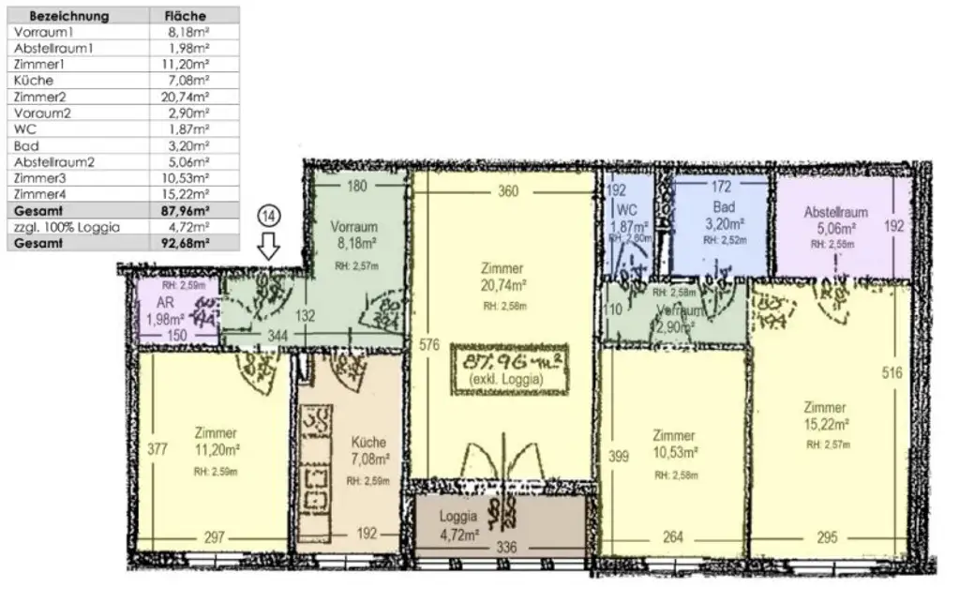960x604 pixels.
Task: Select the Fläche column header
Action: click(185, 16)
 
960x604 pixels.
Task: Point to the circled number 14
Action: click(269, 215)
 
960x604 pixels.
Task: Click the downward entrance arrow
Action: click(269, 247)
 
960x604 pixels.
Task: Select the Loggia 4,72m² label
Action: click(458, 522)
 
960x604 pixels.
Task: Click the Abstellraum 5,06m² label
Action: click(835, 219)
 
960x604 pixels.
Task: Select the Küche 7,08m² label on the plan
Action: click(368, 450)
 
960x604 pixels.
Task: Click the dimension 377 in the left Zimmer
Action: click(157, 449)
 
